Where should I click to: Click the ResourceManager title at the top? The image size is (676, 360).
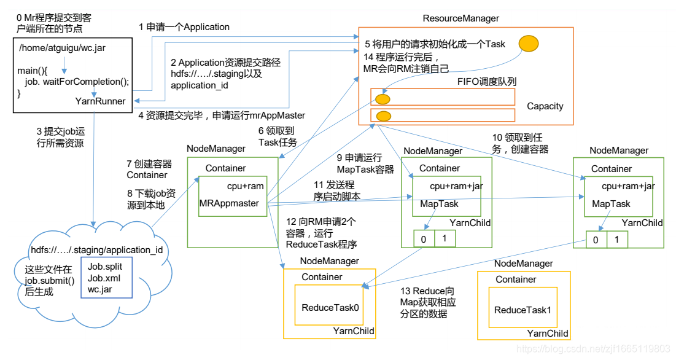point(460,19)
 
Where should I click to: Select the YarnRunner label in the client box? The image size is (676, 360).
point(101,101)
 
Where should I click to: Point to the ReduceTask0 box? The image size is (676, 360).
point(329,307)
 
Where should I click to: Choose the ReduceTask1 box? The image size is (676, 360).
point(523,310)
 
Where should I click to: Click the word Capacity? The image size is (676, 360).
point(545,106)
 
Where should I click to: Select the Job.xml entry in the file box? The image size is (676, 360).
point(100,278)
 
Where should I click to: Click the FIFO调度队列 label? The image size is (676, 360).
point(487,81)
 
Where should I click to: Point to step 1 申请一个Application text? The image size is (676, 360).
point(184,27)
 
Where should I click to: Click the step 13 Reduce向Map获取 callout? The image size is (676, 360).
point(428,302)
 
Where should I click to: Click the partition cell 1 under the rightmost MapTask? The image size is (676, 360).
point(617,240)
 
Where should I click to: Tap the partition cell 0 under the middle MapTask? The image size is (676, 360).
point(424,238)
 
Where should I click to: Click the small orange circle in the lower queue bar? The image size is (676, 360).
point(384,115)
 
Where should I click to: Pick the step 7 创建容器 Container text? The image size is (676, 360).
point(149,170)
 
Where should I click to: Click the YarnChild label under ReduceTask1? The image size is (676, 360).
point(548,333)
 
